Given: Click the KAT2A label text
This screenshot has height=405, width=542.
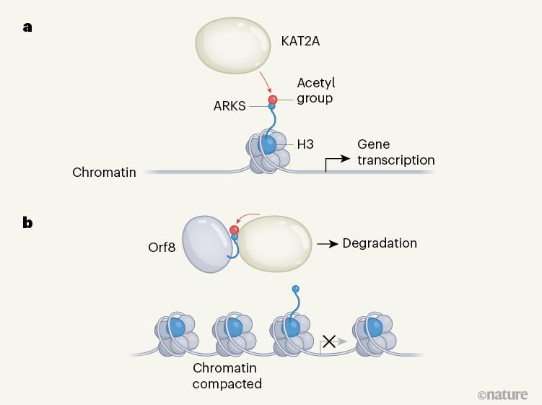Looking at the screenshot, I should point(300,41).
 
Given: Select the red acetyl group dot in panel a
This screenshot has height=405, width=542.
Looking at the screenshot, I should point(273,99).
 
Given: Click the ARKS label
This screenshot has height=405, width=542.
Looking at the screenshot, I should point(230,106).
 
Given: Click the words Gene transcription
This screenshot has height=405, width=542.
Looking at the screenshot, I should point(395,152).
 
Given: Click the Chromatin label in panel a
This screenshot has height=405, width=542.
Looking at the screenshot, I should point(104,173).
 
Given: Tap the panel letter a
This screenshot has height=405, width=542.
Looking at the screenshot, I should point(27,28).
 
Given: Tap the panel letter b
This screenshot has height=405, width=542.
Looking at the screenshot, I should point(27,222).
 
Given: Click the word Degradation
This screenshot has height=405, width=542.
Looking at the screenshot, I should point(380,243).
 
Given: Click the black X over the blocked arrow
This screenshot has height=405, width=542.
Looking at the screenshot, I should point(329,341).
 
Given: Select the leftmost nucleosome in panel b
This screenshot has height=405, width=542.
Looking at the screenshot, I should point(174,334).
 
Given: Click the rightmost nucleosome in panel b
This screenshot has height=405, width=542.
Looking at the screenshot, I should point(374,334).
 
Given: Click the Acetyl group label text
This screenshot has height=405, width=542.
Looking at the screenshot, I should point(315,90).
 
